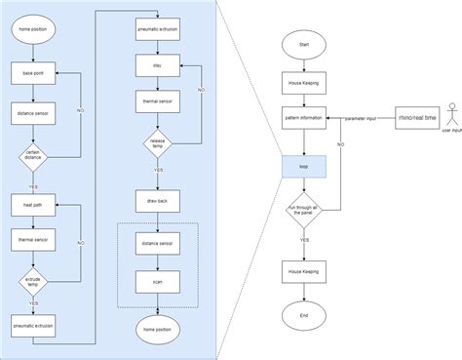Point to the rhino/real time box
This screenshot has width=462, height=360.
(417, 117)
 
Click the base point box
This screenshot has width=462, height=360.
(33, 73)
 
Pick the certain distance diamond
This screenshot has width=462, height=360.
(33, 156)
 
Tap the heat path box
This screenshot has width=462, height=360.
(33, 205)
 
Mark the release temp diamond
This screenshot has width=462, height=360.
(157, 144)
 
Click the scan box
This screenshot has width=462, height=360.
(157, 281)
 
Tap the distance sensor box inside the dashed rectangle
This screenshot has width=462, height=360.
(157, 243)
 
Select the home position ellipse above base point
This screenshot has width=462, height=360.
(33, 31)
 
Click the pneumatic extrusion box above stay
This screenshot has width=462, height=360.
(157, 31)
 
